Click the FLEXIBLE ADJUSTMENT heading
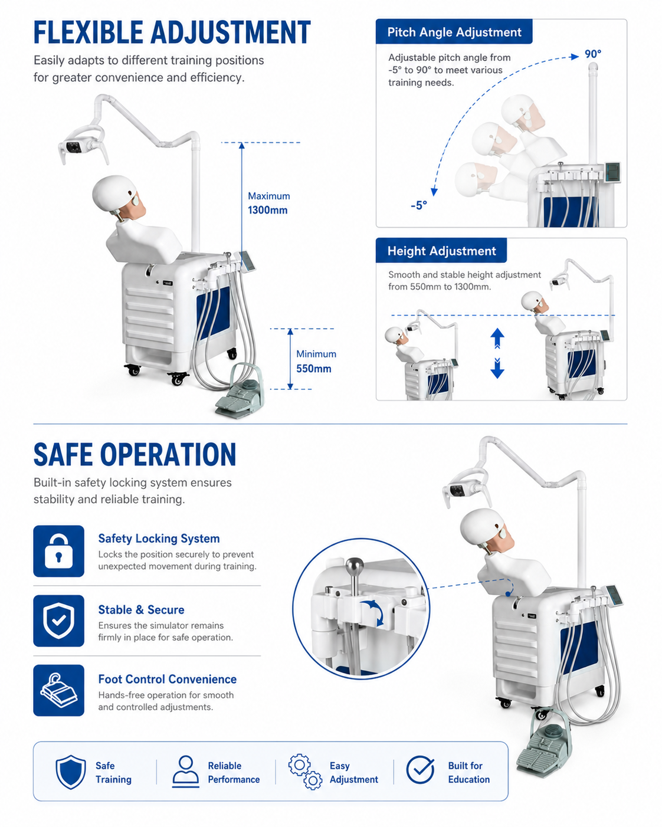[172, 32]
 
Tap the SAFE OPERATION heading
[135, 454]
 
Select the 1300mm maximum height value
[267, 210]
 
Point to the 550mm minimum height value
[314, 369]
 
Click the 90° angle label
[593, 54]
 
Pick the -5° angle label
[419, 206]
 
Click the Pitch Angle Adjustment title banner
[454, 32]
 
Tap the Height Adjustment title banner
[441, 251]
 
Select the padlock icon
[58, 551]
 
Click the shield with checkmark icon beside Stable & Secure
[58, 621]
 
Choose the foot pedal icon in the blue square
[58, 690]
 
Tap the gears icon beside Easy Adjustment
[306, 772]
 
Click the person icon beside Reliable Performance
[186, 772]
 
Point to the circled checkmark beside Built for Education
[421, 770]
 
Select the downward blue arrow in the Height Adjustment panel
[497, 369]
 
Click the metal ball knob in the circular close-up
[355, 566]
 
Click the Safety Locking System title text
[159, 539]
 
